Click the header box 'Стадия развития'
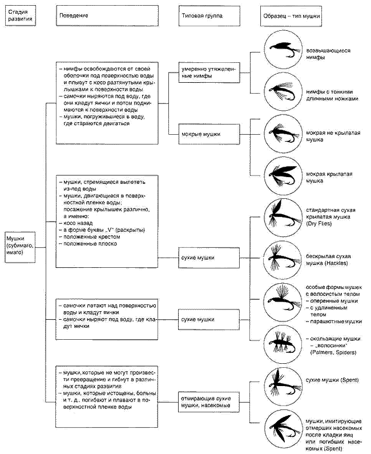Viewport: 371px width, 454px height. pyautogui.click(x=20, y=15)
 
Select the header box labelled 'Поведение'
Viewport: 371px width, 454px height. pyautogui.click(x=107, y=15)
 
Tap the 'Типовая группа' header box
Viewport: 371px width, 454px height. pyautogui.click(x=209, y=15)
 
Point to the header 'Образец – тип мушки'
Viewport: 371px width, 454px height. pyautogui.click(x=291, y=15)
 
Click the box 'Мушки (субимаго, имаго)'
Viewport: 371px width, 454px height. pyautogui.click(x=20, y=247)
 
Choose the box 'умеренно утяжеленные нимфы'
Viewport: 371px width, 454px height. pyautogui.click(x=209, y=73)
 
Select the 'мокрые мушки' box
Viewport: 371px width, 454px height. pyautogui.click(x=209, y=134)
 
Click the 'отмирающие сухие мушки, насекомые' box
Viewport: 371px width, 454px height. pyautogui.click(x=209, y=402)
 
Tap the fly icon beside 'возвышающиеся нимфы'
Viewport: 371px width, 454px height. pyautogui.click(x=283, y=50)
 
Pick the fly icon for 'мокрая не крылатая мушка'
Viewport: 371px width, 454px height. pyautogui.click(x=283, y=134)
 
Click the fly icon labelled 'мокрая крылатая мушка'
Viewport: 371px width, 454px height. pyautogui.click(x=283, y=176)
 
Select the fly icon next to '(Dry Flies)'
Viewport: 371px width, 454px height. pyautogui.click(x=283, y=217)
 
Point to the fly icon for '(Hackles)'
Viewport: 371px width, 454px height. pyautogui.click(x=283, y=259)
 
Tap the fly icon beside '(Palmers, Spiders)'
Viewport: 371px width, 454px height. pyautogui.click(x=283, y=344)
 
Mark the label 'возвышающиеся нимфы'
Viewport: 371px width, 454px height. pyautogui.click(x=328, y=54)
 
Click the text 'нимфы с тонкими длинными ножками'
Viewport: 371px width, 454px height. pyautogui.click(x=332, y=95)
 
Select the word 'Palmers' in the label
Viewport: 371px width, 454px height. pyautogui.click(x=321, y=352)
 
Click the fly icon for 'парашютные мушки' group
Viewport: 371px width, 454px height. pyautogui.click(x=283, y=302)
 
